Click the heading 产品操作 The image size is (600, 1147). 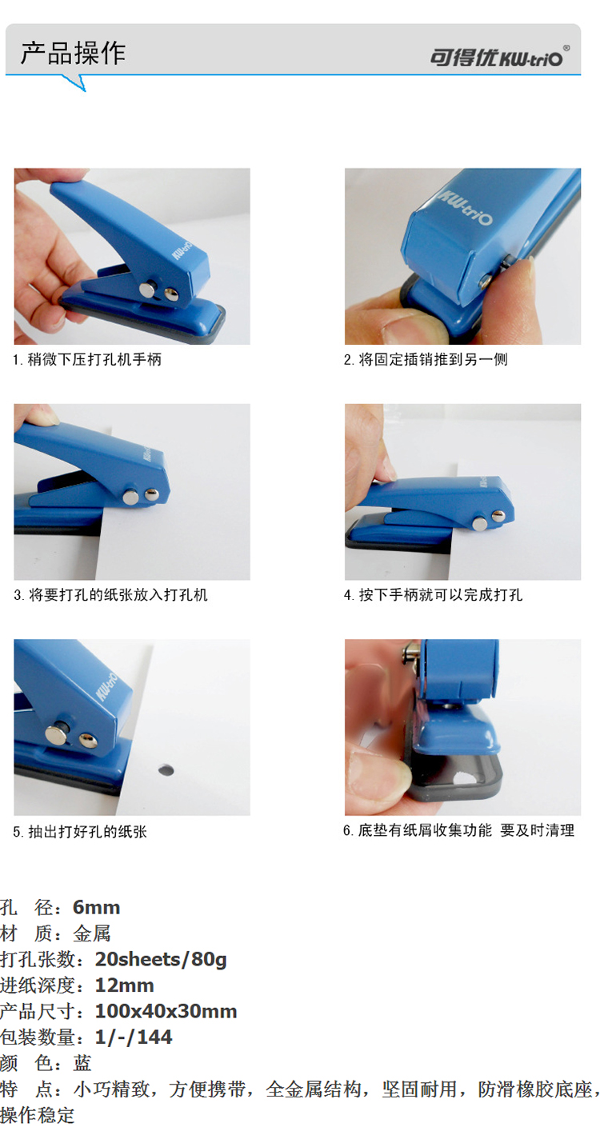coord(73,53)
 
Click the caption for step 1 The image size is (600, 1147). coord(87,359)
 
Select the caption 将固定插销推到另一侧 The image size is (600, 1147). coord(426,359)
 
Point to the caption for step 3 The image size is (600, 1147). coord(110,594)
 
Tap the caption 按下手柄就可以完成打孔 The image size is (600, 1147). coord(433,594)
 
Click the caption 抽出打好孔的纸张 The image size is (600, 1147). coord(80,832)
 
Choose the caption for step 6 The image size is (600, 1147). coord(458,830)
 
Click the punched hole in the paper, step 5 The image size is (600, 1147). coord(165,769)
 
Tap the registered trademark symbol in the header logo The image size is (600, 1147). coord(566,48)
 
